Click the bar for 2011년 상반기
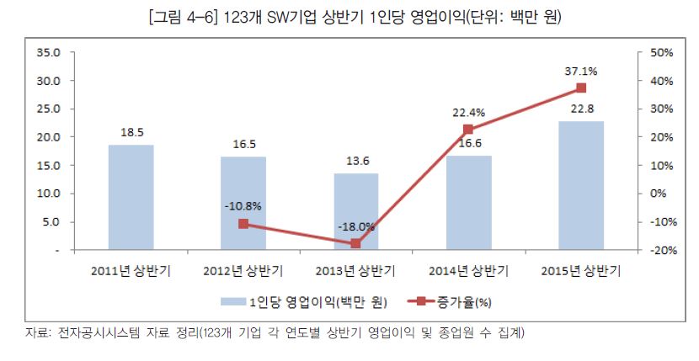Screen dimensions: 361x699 pos(131,198)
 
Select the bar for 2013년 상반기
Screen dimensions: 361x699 pos(355,212)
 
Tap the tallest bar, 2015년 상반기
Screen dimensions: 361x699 pos(581,186)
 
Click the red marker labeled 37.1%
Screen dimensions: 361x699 pos(581,88)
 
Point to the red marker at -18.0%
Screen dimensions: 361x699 pos(355,243)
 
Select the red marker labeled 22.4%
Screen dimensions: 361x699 pos(468,130)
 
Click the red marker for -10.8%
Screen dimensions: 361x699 pos(243,224)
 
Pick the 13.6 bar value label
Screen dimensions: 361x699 pos(355,162)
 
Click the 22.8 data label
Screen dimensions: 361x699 pos(581,109)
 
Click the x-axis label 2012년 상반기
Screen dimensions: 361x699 pos(243,271)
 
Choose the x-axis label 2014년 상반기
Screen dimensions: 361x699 pos(468,271)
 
